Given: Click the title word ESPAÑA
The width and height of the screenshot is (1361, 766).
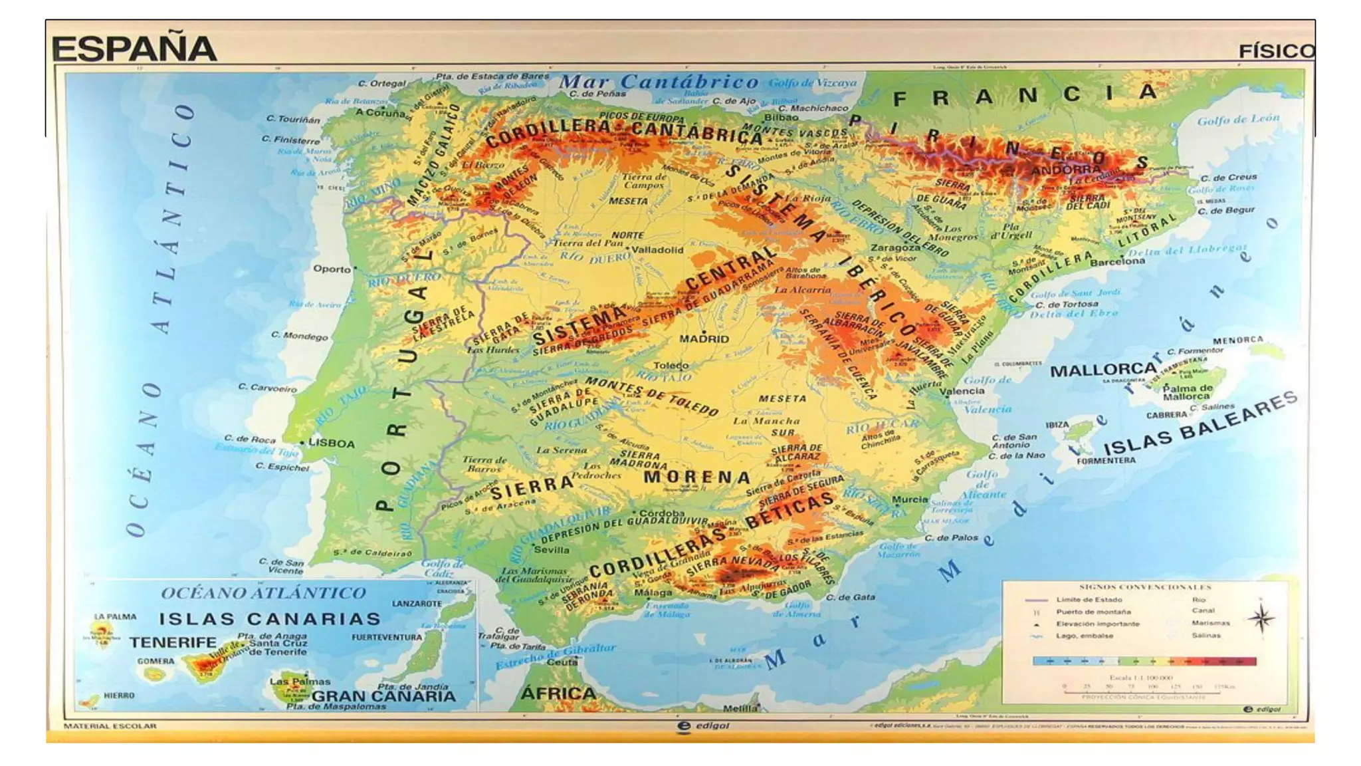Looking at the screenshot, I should pos(134,49).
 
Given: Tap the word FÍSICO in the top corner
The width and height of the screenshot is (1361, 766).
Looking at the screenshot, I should pos(1276,52).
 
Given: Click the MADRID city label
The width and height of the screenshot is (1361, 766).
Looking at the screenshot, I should pos(704,339).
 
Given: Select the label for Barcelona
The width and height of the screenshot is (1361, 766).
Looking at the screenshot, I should pos(1118,261).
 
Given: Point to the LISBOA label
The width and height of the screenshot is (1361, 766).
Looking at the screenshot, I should pos(332,444).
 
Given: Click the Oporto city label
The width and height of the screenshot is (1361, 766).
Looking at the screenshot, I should pos(332,269).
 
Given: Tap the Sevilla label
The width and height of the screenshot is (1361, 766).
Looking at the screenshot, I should pos(552,550).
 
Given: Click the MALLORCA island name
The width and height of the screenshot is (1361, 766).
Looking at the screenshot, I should pos(1103,370).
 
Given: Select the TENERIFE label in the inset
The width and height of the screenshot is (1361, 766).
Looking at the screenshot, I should pos(173,642).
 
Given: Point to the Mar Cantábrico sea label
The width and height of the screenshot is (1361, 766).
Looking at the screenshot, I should pos(659,82).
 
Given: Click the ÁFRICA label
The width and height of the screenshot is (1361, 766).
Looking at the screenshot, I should pos(558,694).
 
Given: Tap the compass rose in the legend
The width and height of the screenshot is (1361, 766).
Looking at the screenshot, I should pos(1261,618).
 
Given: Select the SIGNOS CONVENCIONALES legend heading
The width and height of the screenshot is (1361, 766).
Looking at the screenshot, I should pos(1145,587).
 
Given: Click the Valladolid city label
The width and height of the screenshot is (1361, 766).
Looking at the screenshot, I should pos(657,250).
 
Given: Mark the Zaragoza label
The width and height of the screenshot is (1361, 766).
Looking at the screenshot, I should pos(895,247).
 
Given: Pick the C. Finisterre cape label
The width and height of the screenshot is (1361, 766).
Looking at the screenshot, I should pos(290,140).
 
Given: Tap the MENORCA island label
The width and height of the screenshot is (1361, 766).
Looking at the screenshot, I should pos(1237,340).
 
